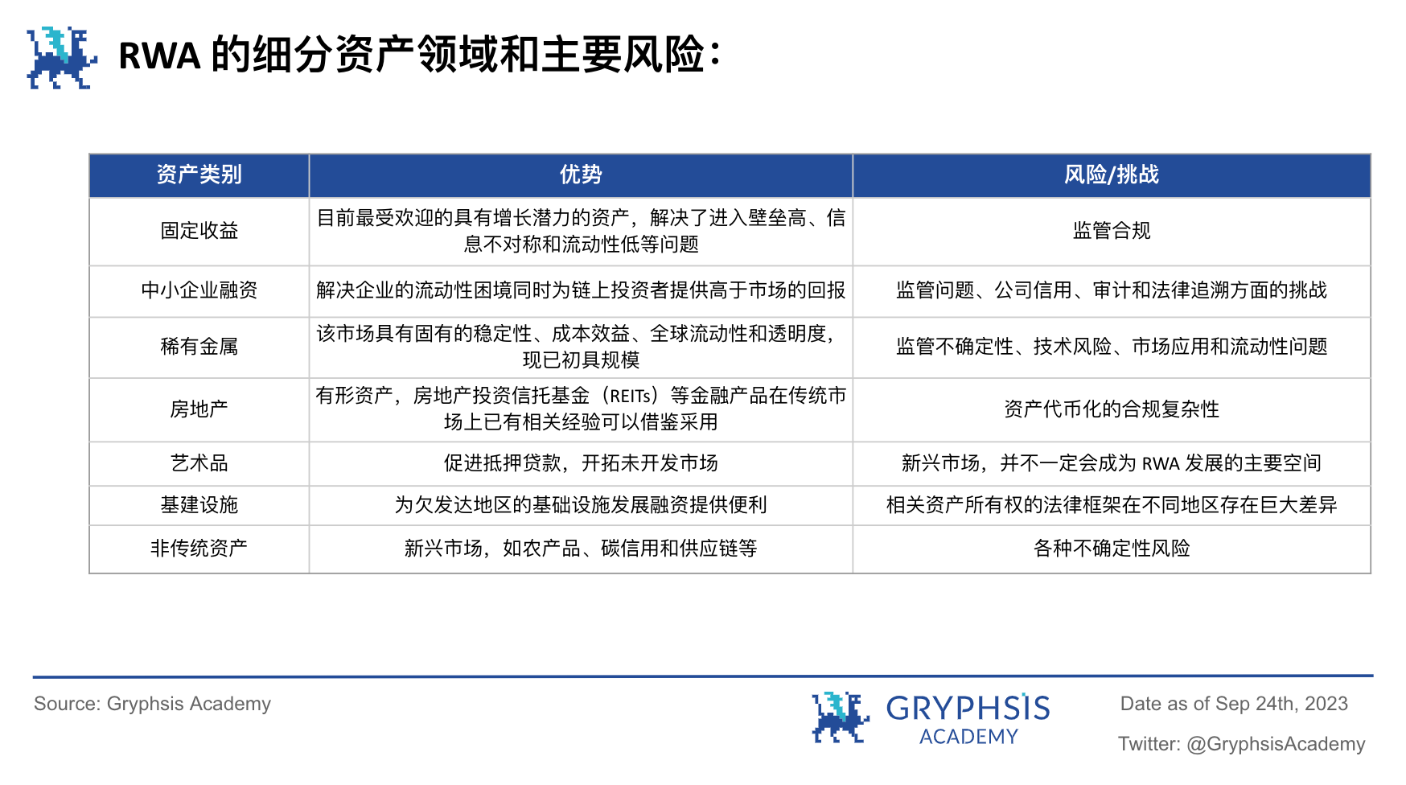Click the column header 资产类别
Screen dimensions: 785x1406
[x=199, y=175]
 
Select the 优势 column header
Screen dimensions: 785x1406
[x=580, y=175]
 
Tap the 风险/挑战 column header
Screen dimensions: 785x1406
[x=1111, y=175]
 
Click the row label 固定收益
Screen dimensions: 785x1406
[x=199, y=231]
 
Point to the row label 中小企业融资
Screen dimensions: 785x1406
[x=199, y=290]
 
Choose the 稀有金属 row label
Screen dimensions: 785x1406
[x=199, y=347]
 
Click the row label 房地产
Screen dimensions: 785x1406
[x=199, y=409]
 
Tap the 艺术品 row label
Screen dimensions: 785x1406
[x=199, y=463]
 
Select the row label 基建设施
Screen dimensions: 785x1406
[x=199, y=505]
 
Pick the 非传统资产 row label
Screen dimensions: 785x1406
[x=199, y=549]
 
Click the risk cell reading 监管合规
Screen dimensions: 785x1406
[x=1111, y=231]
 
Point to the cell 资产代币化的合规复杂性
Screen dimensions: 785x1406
[x=1111, y=409]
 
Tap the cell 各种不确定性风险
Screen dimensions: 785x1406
[x=1111, y=549]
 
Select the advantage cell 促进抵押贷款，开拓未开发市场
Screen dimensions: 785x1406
[x=580, y=463]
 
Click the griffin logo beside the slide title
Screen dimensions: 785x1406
[x=61, y=57]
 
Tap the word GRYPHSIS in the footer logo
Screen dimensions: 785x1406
[x=968, y=709]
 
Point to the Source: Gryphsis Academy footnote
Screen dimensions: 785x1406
[x=152, y=704]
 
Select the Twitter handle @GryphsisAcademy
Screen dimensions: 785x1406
[x=1276, y=744]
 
